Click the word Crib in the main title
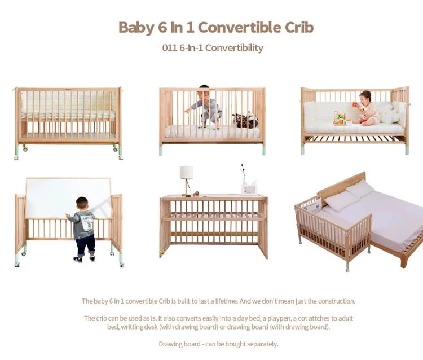299,28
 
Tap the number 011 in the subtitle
170,48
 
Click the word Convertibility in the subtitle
234,48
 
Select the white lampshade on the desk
187,173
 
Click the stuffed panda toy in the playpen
245,120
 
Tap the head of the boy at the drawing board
82,203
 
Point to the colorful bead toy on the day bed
340,118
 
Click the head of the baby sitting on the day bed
365,96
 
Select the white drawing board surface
68,199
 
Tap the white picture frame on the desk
249,188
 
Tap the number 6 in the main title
162,28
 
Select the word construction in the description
336,301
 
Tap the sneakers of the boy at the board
84,259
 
